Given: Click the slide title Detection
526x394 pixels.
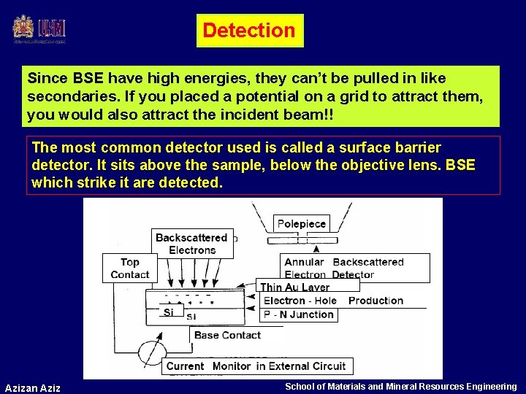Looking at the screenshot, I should coord(249,31).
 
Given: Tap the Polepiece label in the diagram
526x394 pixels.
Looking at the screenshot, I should coord(302,223).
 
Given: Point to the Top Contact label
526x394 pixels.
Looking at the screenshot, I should coord(129,268).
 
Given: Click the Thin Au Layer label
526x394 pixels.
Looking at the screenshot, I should coord(295,287).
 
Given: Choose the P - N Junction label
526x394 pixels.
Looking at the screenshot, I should coord(298,314).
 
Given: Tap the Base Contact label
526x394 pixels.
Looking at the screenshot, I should coord(227,335).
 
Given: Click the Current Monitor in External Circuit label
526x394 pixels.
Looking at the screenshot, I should coord(256,366).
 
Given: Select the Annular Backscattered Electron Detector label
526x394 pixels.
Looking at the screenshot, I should coord(354,268).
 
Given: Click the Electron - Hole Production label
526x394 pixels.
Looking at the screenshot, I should coord(333,301).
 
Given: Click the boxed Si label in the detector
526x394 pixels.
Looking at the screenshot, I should coord(169,312).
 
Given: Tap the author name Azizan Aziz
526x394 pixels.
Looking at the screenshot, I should coord(33,387).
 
